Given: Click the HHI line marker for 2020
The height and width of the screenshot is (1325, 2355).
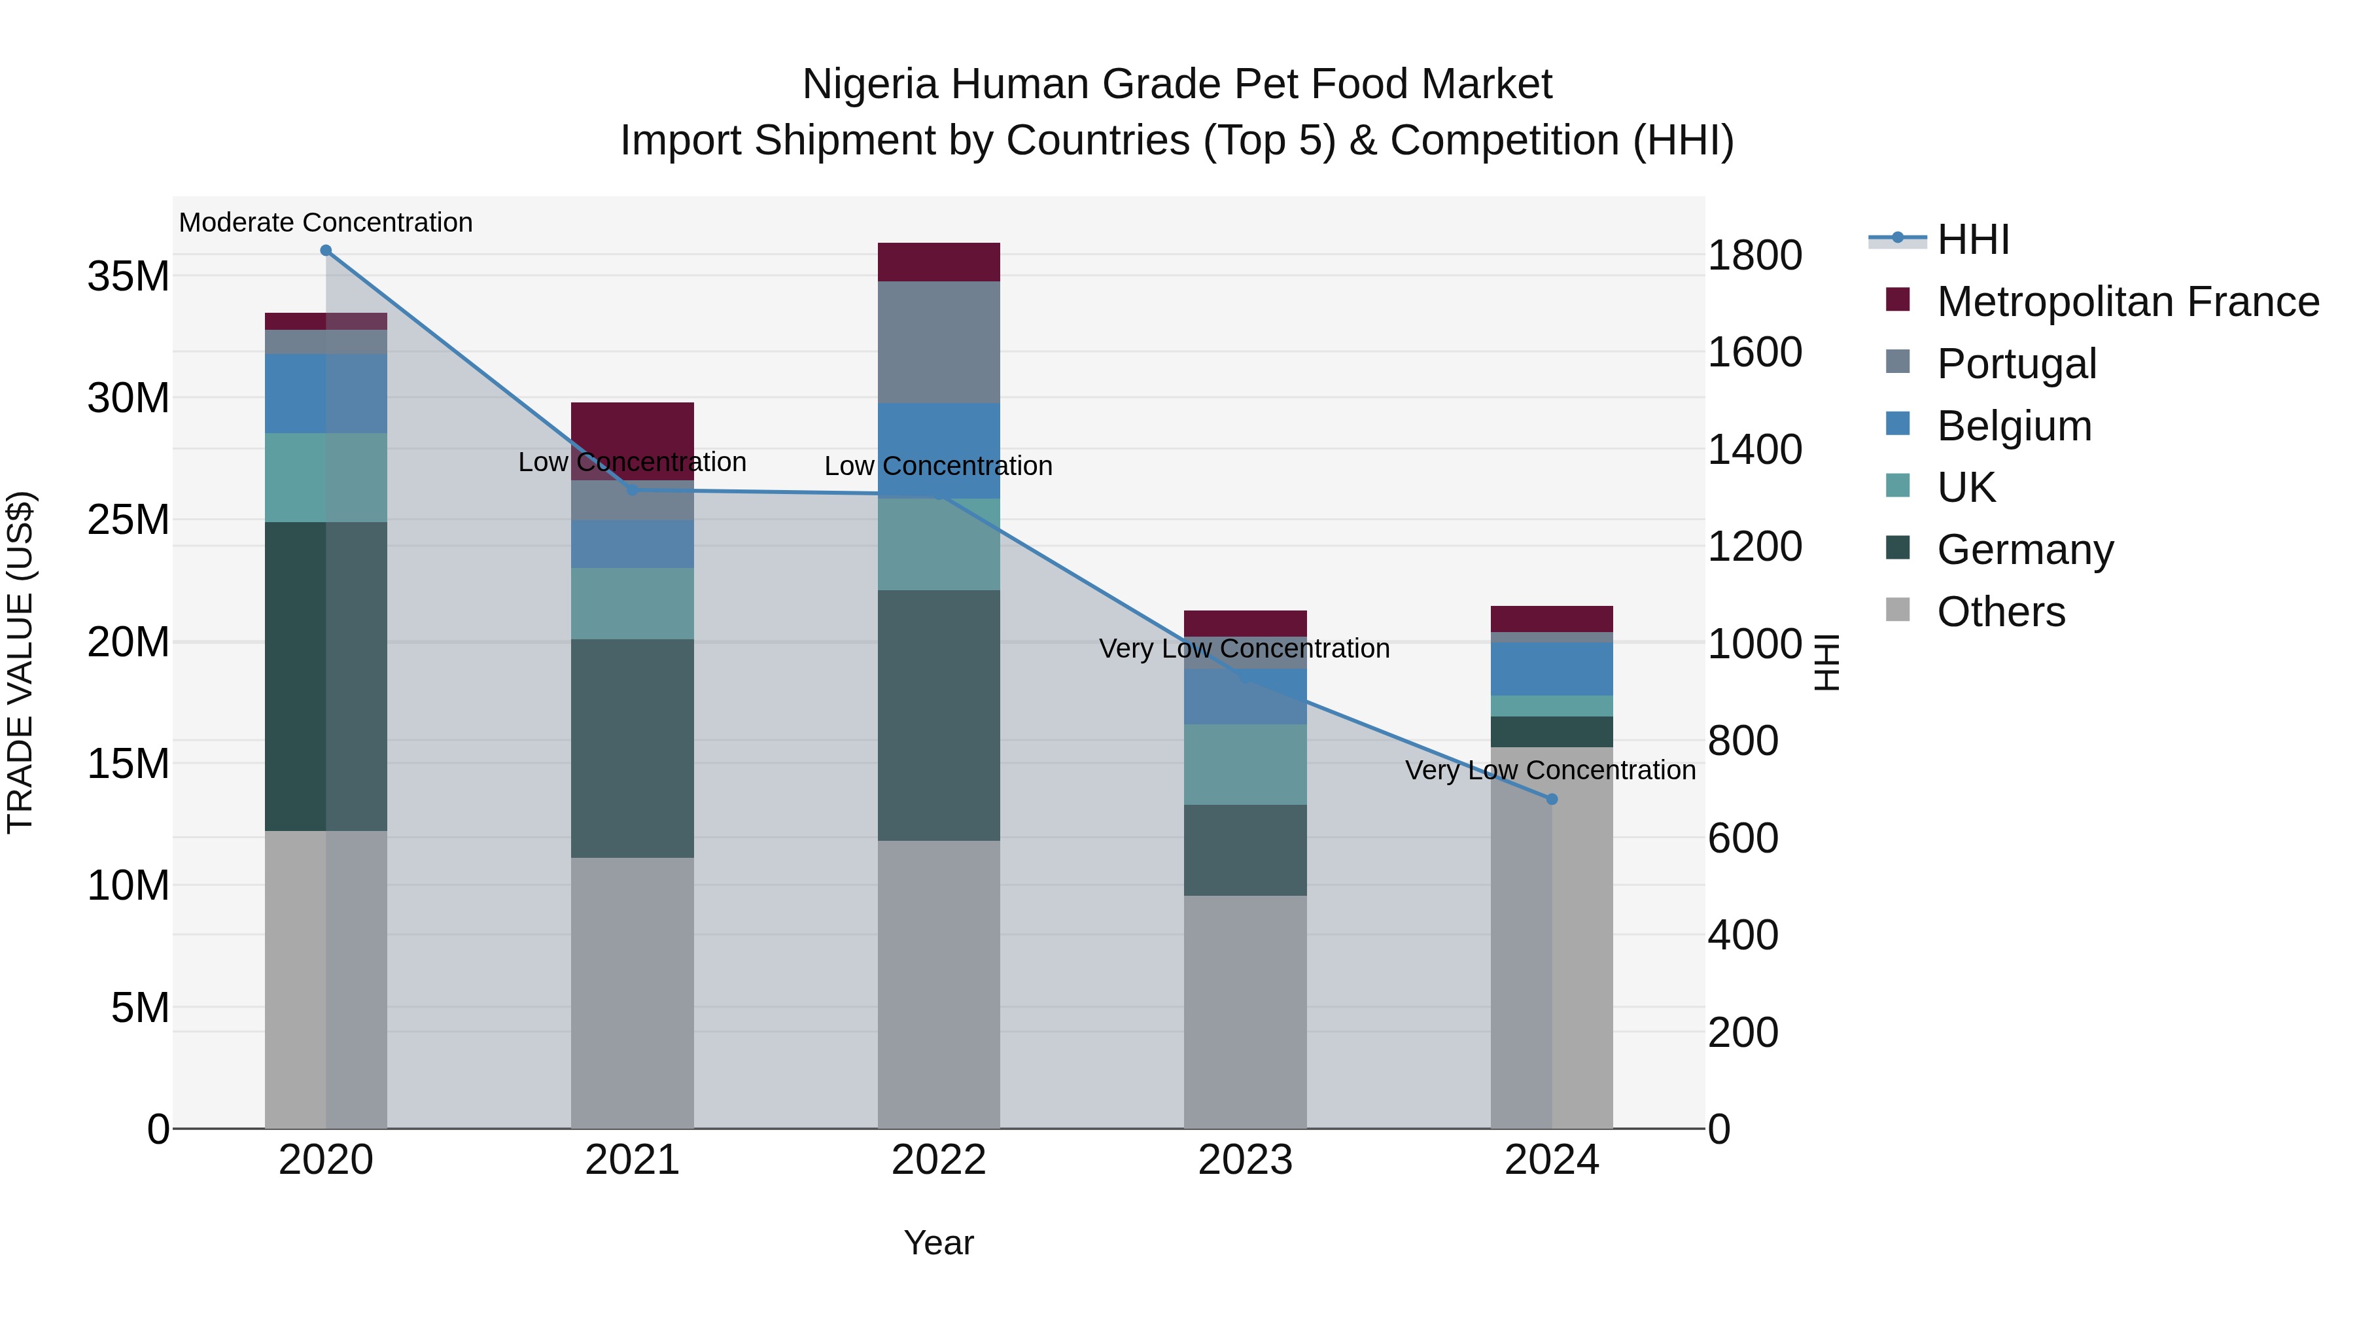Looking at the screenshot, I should [326, 251].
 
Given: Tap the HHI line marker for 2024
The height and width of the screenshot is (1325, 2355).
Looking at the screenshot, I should [1552, 799].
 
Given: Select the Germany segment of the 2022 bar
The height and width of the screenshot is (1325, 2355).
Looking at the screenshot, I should [938, 715].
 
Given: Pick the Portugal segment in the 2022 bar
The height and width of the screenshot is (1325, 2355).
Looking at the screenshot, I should [938, 342].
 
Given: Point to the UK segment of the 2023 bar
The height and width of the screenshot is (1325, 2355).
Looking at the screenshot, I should [1244, 764].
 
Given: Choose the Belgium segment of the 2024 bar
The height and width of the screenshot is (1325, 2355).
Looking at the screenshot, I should [1552, 669].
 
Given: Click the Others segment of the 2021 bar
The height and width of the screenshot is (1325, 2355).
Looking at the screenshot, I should [632, 992].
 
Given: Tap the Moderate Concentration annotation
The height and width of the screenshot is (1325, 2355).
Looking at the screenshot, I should [326, 222].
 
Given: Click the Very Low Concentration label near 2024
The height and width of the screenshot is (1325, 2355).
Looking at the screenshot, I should [1550, 770].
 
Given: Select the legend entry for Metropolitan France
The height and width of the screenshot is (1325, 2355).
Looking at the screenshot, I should [2127, 302].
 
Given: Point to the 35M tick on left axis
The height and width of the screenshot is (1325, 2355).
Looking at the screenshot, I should [128, 276].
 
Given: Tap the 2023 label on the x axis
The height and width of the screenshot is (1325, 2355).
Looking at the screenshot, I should [1244, 1160].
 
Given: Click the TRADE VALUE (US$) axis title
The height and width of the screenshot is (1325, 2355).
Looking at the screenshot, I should [20, 662].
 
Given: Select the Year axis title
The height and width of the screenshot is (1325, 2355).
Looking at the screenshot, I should [938, 1243].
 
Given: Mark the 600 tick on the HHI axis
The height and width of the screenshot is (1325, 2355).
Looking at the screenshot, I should [1743, 839].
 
